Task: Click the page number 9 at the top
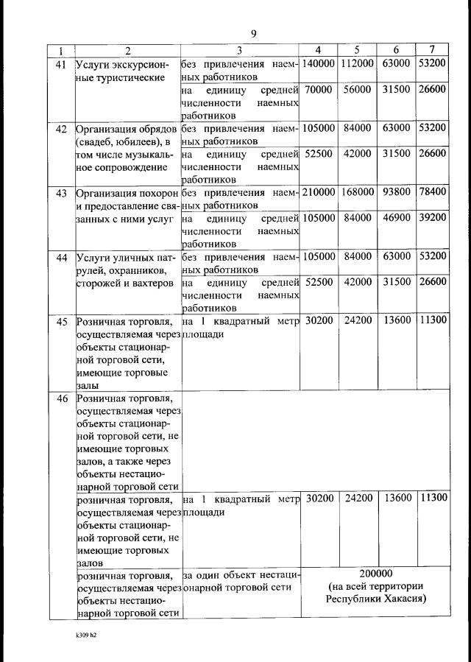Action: [x=253, y=33]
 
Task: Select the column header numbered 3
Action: [x=240, y=51]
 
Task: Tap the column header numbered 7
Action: [x=432, y=51]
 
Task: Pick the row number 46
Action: [x=61, y=399]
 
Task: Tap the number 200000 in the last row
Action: [x=376, y=574]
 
